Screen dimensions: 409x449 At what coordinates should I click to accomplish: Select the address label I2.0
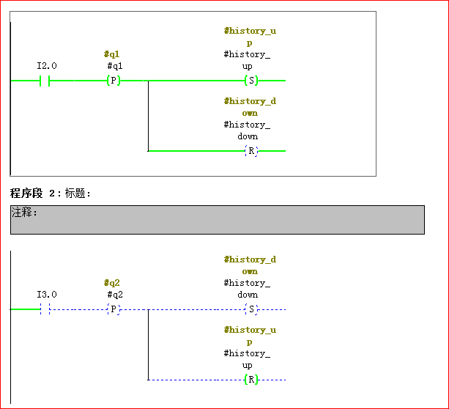pos(47,66)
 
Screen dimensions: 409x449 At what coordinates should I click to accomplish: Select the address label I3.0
pos(47,295)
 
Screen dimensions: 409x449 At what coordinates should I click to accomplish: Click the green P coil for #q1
pos(113,81)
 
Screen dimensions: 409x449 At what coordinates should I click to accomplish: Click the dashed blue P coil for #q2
pos(113,309)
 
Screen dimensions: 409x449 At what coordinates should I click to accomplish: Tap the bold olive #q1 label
pos(112,54)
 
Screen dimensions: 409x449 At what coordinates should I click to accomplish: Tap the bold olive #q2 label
pos(112,283)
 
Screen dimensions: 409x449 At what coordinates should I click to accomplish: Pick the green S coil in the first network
pos(251,81)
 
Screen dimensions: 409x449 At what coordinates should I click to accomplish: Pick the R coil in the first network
pos(251,151)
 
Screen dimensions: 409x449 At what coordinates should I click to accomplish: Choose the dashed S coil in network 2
pos(251,309)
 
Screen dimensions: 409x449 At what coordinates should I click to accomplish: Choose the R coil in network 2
pos(251,380)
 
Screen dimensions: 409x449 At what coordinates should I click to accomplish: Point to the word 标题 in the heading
pos(75,194)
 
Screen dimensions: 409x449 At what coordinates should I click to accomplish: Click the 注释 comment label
pos(25,213)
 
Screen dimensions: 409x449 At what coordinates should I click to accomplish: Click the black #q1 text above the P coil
pos(115,66)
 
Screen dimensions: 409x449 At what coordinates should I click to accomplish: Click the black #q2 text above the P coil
pos(115,295)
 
